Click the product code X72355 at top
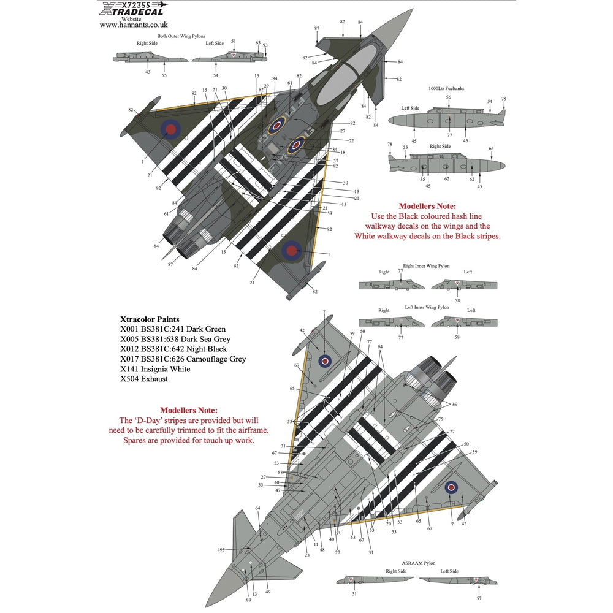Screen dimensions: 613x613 point(134,4)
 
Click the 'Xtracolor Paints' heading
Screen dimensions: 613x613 point(151,319)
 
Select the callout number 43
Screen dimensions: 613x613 point(147,72)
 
